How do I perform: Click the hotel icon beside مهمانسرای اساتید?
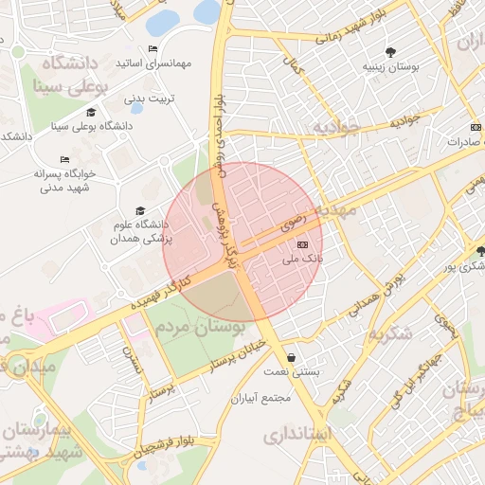point(153,49)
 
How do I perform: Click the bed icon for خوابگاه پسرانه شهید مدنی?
point(64,159)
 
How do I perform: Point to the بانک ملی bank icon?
point(303,244)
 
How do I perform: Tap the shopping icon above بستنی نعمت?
point(289,358)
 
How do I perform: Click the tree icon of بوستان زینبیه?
point(389,52)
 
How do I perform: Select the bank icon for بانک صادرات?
point(475,127)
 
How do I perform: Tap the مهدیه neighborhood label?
point(337,207)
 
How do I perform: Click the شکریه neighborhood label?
point(389,334)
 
